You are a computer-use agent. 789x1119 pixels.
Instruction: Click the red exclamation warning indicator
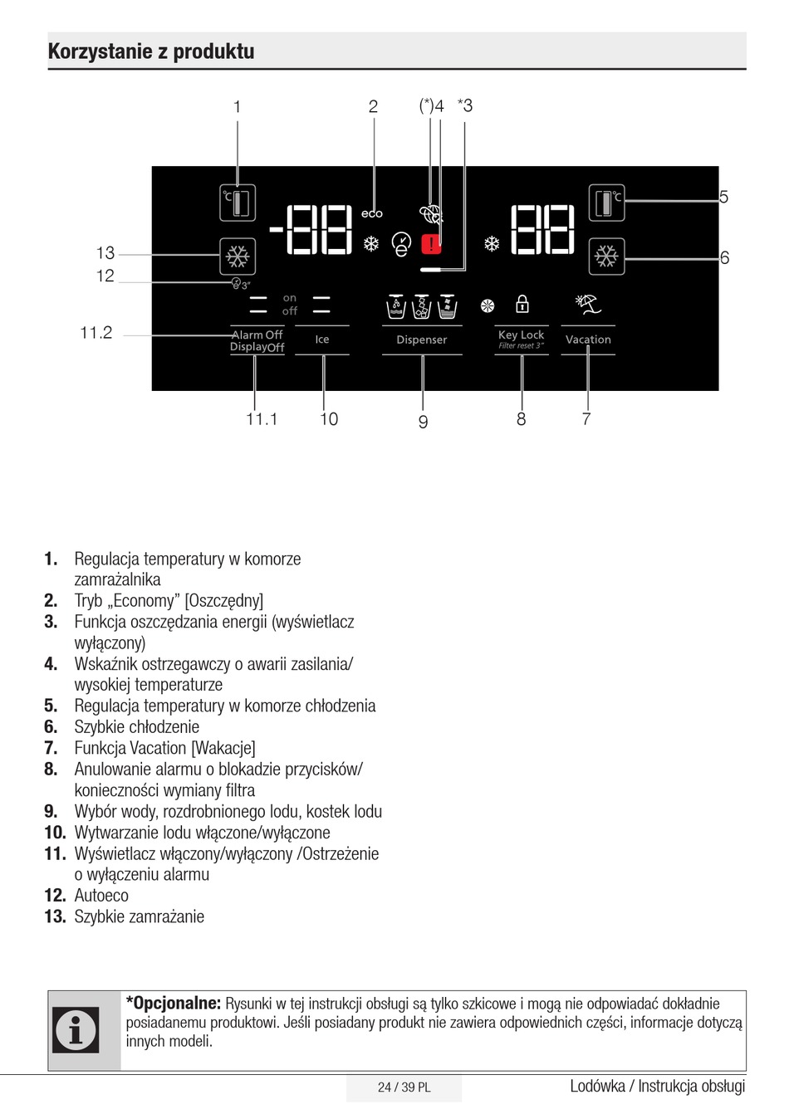(431, 244)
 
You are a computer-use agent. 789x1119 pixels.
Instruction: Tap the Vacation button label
(588, 340)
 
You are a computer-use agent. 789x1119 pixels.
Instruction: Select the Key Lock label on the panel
(521, 335)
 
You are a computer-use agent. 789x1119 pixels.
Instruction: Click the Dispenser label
(421, 340)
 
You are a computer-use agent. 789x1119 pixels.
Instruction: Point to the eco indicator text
(371, 214)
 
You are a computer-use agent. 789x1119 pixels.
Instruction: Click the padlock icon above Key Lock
(522, 304)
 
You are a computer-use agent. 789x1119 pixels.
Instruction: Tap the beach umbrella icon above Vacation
(588, 304)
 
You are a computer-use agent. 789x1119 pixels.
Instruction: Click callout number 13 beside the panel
(105, 253)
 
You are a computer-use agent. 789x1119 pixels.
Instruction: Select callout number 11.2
(96, 333)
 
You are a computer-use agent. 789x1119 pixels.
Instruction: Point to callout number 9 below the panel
(423, 422)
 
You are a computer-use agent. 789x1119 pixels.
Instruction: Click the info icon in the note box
(76, 1029)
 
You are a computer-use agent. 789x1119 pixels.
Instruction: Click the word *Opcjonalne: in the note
(173, 1003)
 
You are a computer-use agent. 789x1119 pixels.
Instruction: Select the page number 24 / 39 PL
(404, 1087)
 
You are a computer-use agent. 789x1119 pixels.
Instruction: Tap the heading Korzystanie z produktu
(151, 51)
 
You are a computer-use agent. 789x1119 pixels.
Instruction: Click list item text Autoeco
(101, 896)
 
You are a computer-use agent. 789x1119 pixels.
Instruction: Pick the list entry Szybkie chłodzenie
(136, 727)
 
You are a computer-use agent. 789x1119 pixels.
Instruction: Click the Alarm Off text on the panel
(257, 335)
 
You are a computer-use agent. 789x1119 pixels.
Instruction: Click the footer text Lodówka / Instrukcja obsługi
(657, 1086)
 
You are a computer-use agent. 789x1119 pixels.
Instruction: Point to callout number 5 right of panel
(723, 198)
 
